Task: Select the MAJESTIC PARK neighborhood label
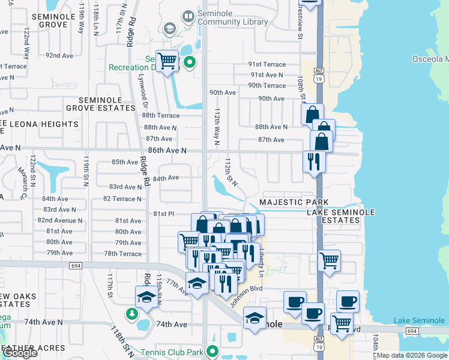click(x=294, y=202)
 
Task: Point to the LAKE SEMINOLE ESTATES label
click(x=340, y=217)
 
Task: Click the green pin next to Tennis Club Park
click(x=211, y=351)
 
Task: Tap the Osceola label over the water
click(x=430, y=59)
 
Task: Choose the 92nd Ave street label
click(x=59, y=56)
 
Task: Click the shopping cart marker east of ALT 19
click(x=329, y=260)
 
